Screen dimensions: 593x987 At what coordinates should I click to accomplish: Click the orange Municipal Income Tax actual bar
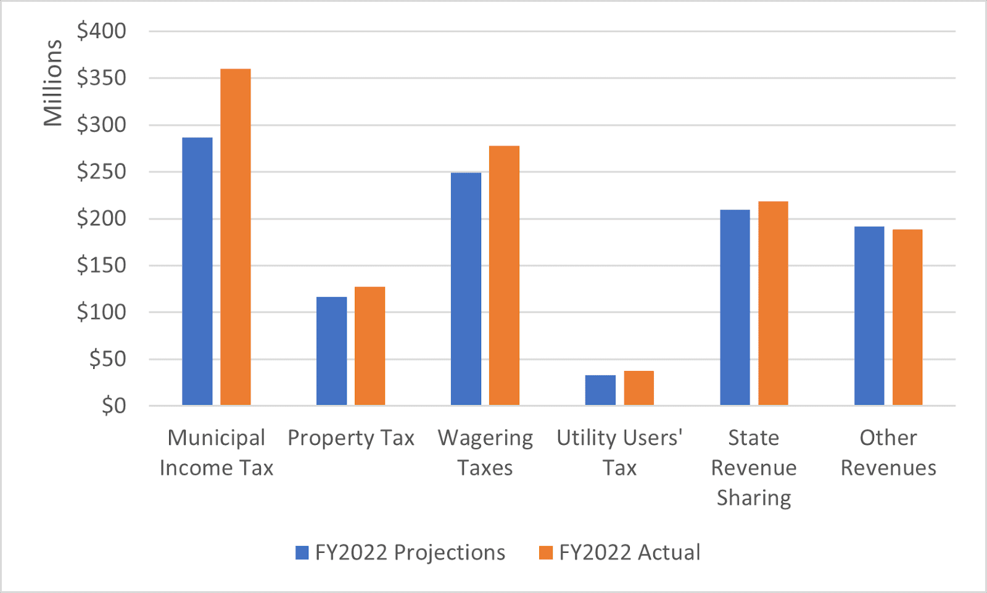click(236, 237)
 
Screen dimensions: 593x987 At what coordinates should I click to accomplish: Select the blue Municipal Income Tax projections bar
click(197, 272)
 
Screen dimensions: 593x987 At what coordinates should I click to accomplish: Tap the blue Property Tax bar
click(331, 351)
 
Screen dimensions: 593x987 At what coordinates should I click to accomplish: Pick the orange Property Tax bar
click(370, 346)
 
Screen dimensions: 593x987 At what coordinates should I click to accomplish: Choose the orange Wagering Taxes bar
click(504, 276)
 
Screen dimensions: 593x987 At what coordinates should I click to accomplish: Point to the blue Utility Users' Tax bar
click(600, 390)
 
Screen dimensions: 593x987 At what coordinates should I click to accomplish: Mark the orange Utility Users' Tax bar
click(638, 388)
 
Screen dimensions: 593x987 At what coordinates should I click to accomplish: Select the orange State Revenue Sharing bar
click(773, 304)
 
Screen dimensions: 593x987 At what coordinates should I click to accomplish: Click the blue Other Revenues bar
click(869, 316)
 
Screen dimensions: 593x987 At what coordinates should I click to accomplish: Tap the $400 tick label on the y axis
click(101, 31)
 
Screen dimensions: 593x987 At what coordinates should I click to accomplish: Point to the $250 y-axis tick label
click(101, 172)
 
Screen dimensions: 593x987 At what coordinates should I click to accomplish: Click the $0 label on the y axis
click(114, 406)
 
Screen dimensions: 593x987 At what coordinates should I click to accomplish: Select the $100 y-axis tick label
click(101, 312)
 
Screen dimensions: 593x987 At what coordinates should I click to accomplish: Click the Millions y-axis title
click(53, 83)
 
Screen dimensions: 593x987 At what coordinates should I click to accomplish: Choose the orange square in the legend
click(545, 552)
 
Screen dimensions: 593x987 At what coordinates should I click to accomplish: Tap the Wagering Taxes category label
click(485, 452)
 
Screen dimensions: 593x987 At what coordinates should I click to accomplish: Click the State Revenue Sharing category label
click(754, 467)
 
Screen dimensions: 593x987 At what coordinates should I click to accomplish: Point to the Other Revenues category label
click(888, 452)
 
